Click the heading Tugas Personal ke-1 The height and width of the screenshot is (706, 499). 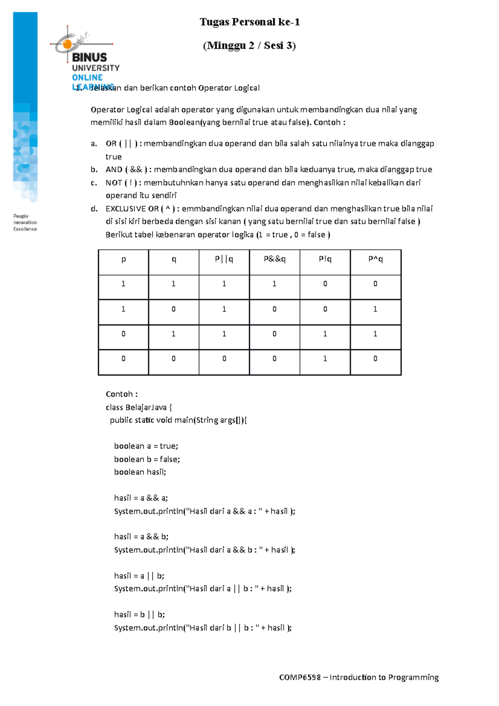[x=249, y=22]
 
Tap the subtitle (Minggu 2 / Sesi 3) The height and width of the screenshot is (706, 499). [x=249, y=45]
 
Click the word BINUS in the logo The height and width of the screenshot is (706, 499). [x=89, y=57]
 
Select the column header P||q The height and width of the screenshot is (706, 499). [x=224, y=259]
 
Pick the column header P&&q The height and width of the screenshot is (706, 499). [x=274, y=259]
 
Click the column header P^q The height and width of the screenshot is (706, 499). [x=375, y=259]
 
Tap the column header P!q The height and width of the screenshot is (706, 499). [x=325, y=259]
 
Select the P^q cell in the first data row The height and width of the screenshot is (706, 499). [x=375, y=284]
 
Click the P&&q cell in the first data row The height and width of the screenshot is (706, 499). [x=274, y=284]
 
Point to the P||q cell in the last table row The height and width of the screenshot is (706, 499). [x=224, y=358]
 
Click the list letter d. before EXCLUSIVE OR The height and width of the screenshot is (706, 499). [x=94, y=209]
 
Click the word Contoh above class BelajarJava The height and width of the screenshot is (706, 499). [x=119, y=394]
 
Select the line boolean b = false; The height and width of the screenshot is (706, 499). [x=147, y=459]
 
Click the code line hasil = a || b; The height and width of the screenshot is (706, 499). [x=139, y=576]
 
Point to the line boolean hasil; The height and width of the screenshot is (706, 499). [x=140, y=472]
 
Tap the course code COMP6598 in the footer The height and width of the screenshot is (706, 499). [x=300, y=677]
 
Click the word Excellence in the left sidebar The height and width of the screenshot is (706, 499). [x=25, y=229]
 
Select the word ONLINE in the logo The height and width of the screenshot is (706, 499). [x=87, y=78]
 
